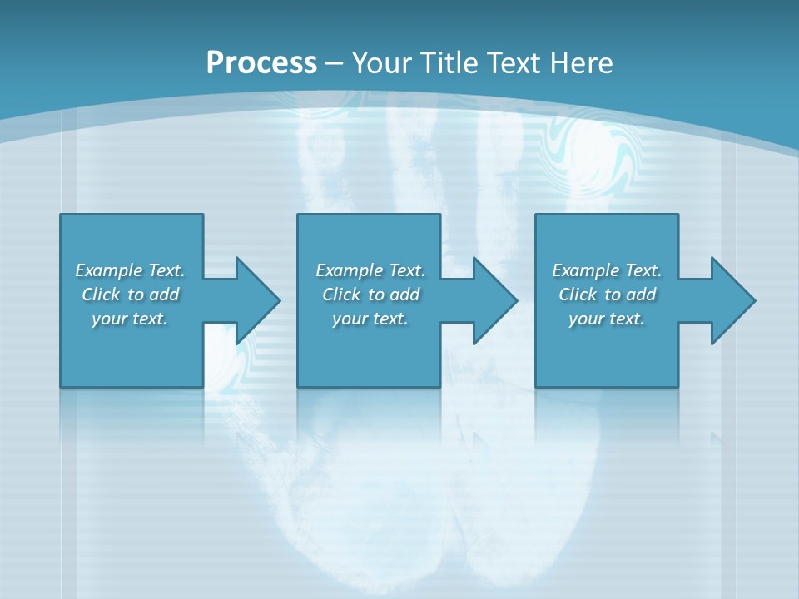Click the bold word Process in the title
click(261, 63)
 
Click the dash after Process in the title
click(335, 63)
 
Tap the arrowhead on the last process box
click(732, 300)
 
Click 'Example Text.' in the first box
click(130, 270)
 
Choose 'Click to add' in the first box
click(130, 295)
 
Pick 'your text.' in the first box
click(130, 319)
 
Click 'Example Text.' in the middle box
click(370, 270)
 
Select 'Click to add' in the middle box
click(370, 295)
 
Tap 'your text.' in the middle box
click(370, 319)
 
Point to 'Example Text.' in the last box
click(607, 270)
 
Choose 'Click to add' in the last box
click(607, 295)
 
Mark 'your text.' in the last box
click(607, 319)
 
